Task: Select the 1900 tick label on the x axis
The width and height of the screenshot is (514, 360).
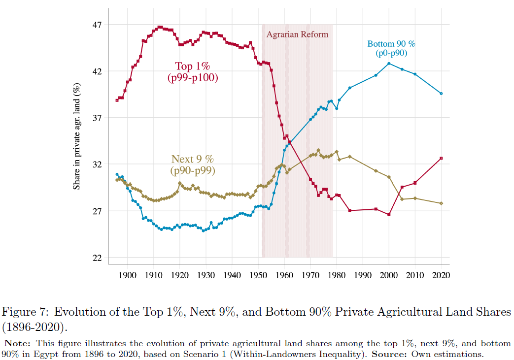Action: pos(128,275)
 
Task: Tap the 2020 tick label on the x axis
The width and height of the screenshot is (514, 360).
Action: pos(441,275)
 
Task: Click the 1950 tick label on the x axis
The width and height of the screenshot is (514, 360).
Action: pos(258,275)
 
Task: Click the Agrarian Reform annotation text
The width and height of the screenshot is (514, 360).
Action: pos(297,34)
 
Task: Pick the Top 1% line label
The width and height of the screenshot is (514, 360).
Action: pos(193,72)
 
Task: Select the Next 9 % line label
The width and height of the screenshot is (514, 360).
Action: pos(193,165)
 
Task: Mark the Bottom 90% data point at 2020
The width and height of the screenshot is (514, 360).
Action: pos(441,94)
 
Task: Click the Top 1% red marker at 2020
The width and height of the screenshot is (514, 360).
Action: pos(441,158)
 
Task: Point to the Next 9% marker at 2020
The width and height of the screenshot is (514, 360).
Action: pos(441,203)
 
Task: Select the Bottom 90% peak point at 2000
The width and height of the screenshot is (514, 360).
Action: pos(389,64)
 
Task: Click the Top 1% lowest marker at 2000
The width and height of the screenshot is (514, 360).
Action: pos(389,215)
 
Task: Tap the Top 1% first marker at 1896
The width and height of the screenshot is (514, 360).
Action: pos(117,100)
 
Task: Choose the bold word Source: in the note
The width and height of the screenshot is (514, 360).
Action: pos(389,354)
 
